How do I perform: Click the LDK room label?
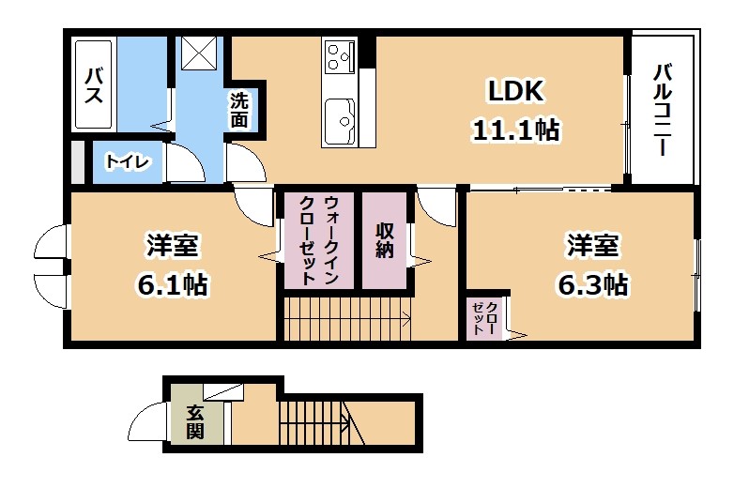click(515, 91)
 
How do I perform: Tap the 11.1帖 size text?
click(516, 130)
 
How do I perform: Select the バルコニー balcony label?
click(663, 111)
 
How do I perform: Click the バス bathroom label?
click(94, 85)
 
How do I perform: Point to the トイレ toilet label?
click(128, 162)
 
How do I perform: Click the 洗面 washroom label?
click(238, 111)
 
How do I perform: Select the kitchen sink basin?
click(340, 123)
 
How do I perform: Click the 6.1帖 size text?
click(173, 284)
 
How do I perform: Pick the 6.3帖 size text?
click(592, 284)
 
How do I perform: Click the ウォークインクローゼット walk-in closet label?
click(319, 240)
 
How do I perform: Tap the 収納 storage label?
click(384, 240)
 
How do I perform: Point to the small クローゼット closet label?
click(484, 318)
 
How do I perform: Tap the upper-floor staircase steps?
click(347, 320)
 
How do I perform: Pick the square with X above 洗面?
click(199, 53)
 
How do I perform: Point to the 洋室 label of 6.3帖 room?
click(592, 246)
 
